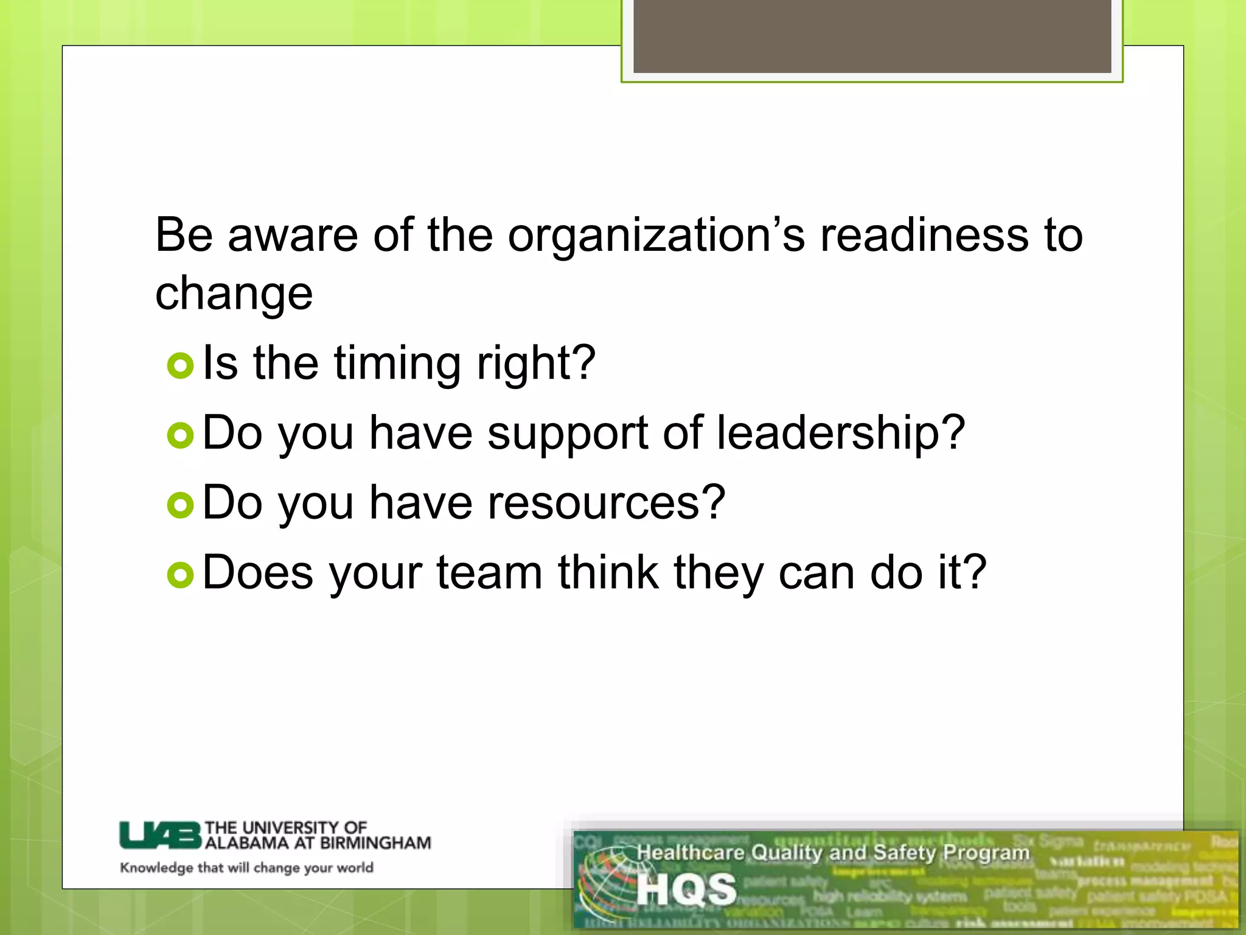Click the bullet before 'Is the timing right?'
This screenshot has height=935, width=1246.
coord(180,365)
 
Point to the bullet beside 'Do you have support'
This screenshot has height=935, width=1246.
coord(180,435)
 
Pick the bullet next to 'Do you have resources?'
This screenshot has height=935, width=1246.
coord(180,505)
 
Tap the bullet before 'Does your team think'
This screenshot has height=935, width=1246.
coord(180,575)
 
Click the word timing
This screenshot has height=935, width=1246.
coord(397,364)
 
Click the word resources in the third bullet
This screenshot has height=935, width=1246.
coord(607,503)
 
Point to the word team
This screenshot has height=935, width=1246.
coord(489,573)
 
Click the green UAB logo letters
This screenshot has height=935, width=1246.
coord(159,835)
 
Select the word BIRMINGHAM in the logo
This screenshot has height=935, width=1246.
coord(375,843)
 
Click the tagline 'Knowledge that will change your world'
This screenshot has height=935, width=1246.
coord(246,867)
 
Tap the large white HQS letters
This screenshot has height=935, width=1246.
coord(686,889)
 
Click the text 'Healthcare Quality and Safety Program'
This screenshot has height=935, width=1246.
coord(832,853)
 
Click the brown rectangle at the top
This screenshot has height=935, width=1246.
coord(872,37)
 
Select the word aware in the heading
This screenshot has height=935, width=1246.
coord(293,235)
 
